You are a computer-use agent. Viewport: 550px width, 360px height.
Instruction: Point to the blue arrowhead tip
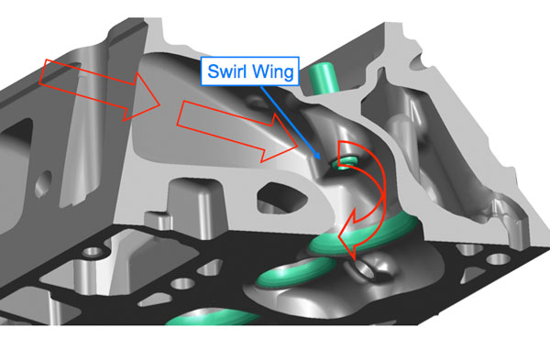coord(320,159)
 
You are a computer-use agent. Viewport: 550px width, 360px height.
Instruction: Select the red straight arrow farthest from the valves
coord(100,90)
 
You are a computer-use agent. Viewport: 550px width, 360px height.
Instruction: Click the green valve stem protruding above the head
coord(321,78)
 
